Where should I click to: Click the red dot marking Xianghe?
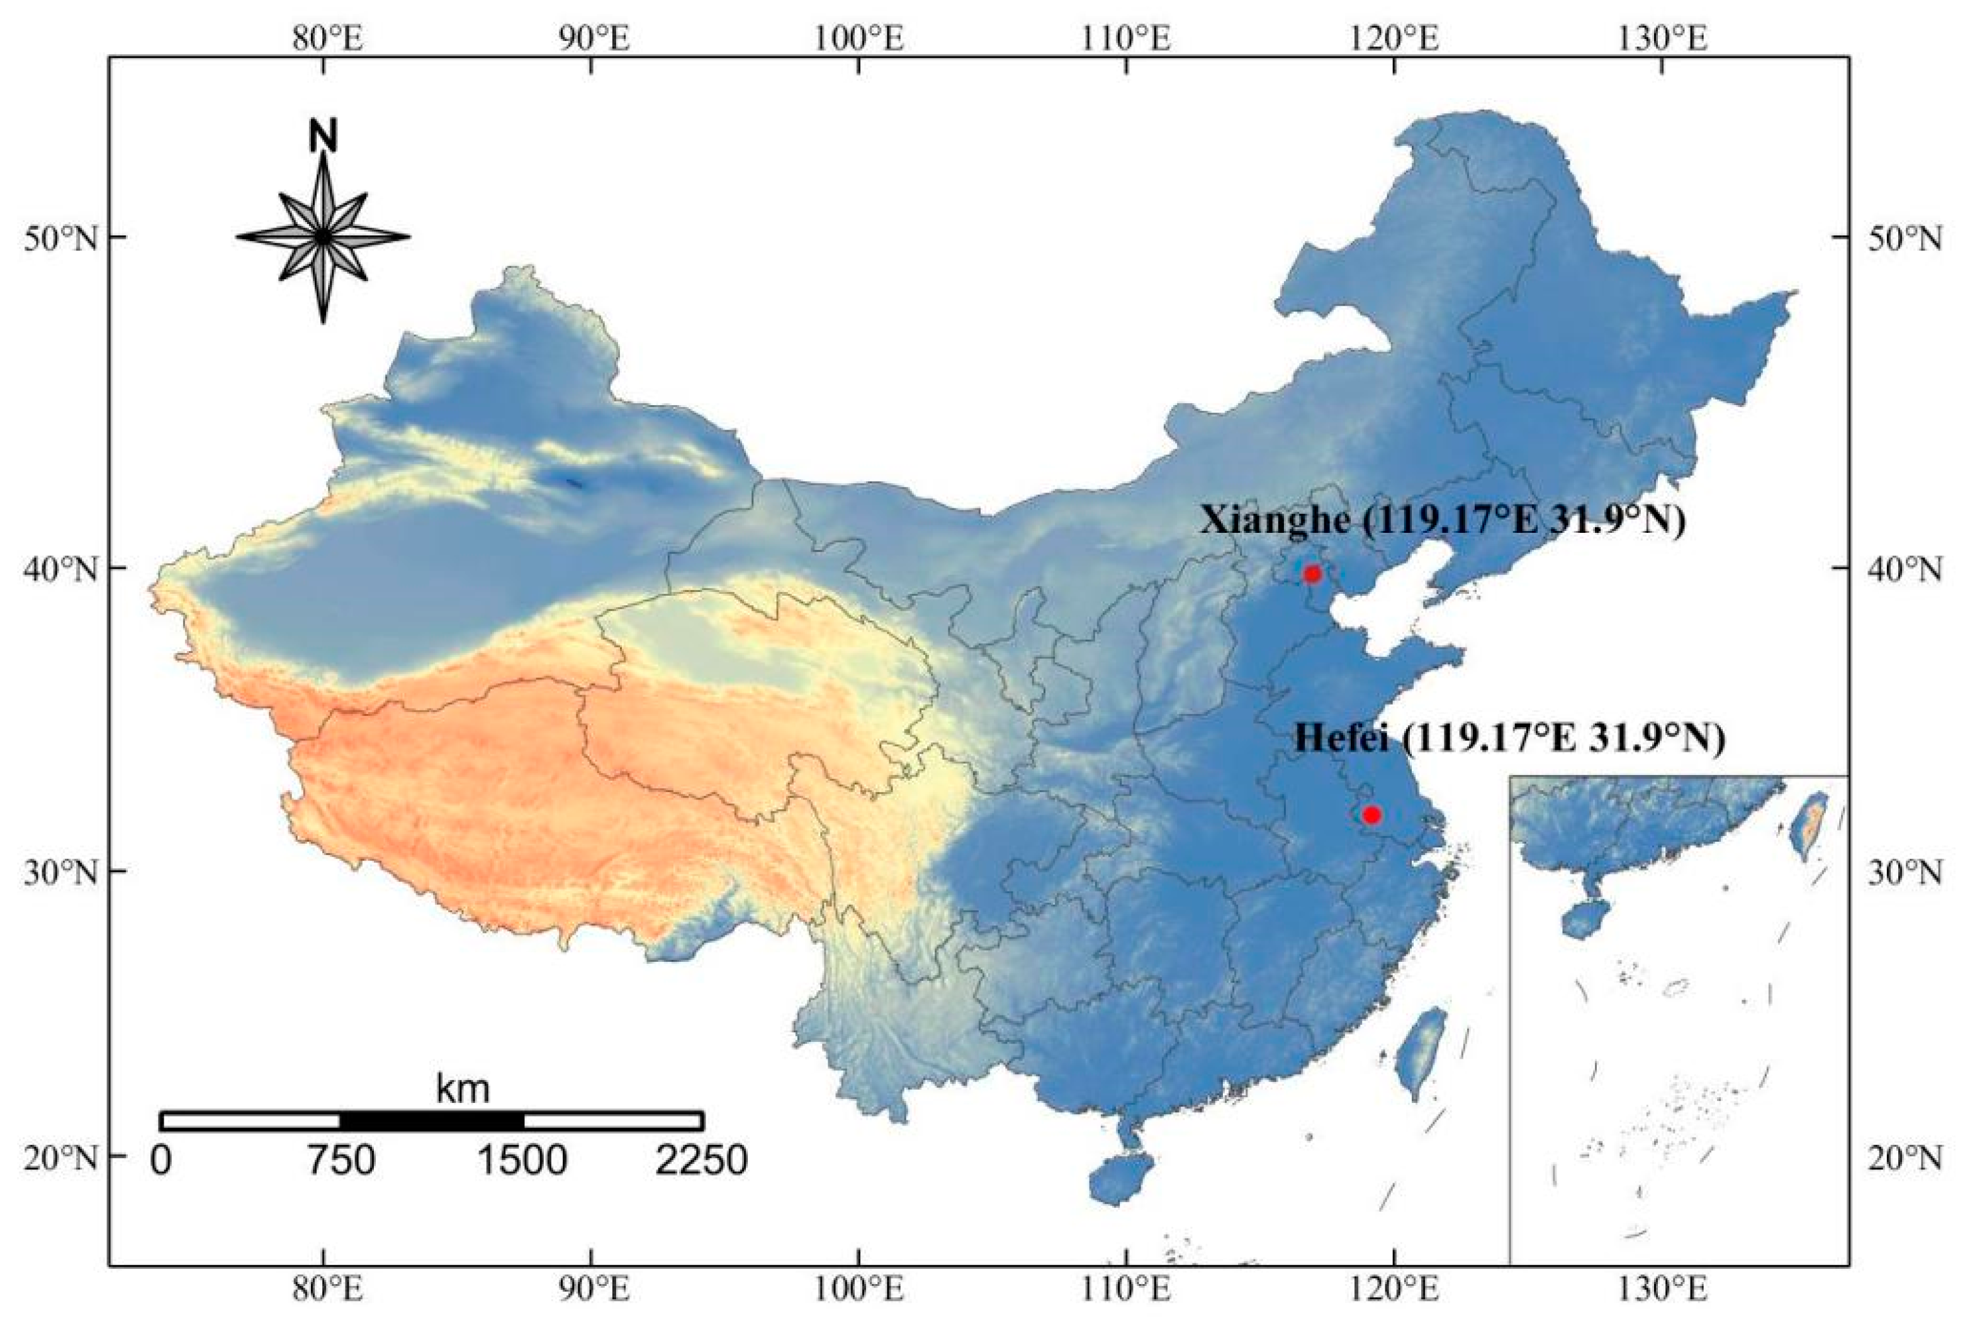(1312, 574)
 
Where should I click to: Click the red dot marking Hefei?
(1371, 814)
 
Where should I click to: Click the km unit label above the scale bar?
(462, 1088)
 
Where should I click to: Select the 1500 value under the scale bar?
(523, 1161)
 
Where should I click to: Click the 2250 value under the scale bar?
(701, 1161)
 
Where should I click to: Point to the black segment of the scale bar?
(431, 1120)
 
